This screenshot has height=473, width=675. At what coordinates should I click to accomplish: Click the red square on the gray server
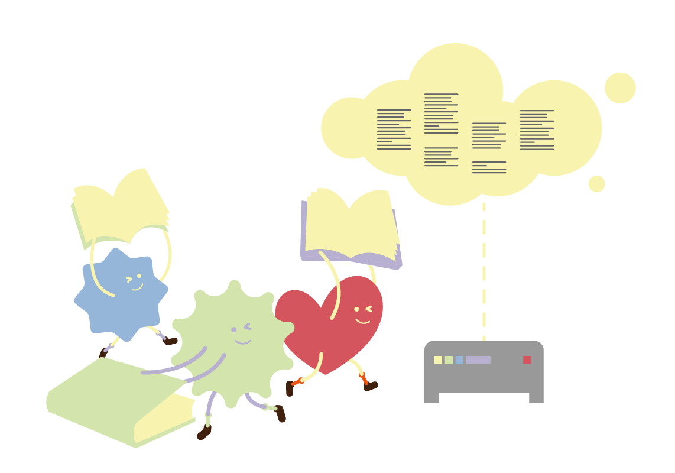pos(527,359)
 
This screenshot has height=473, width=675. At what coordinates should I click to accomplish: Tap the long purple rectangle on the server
pos(478,359)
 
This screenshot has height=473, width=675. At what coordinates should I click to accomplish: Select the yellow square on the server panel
pos(438,359)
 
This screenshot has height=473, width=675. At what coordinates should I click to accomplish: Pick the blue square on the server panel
pos(459,359)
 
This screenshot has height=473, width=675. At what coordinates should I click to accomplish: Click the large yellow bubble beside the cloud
pos(620,88)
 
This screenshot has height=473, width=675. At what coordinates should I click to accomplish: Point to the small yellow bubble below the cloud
pos(596,184)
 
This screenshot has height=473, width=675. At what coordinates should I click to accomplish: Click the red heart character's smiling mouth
pos(362,322)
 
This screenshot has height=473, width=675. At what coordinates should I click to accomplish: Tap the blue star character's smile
pos(137,288)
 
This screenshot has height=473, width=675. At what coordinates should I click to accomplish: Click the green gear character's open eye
pos(233,329)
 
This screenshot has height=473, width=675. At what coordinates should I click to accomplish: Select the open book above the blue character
pos(121,207)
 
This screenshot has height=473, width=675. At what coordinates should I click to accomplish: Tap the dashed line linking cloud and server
pos(484,272)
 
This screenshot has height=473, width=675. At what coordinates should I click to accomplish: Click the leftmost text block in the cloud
pos(394,129)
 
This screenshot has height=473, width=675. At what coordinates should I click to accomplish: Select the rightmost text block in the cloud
pos(537,129)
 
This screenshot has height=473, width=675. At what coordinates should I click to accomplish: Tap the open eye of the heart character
pos(356,309)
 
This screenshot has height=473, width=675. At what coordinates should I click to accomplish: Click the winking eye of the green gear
pos(247,326)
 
